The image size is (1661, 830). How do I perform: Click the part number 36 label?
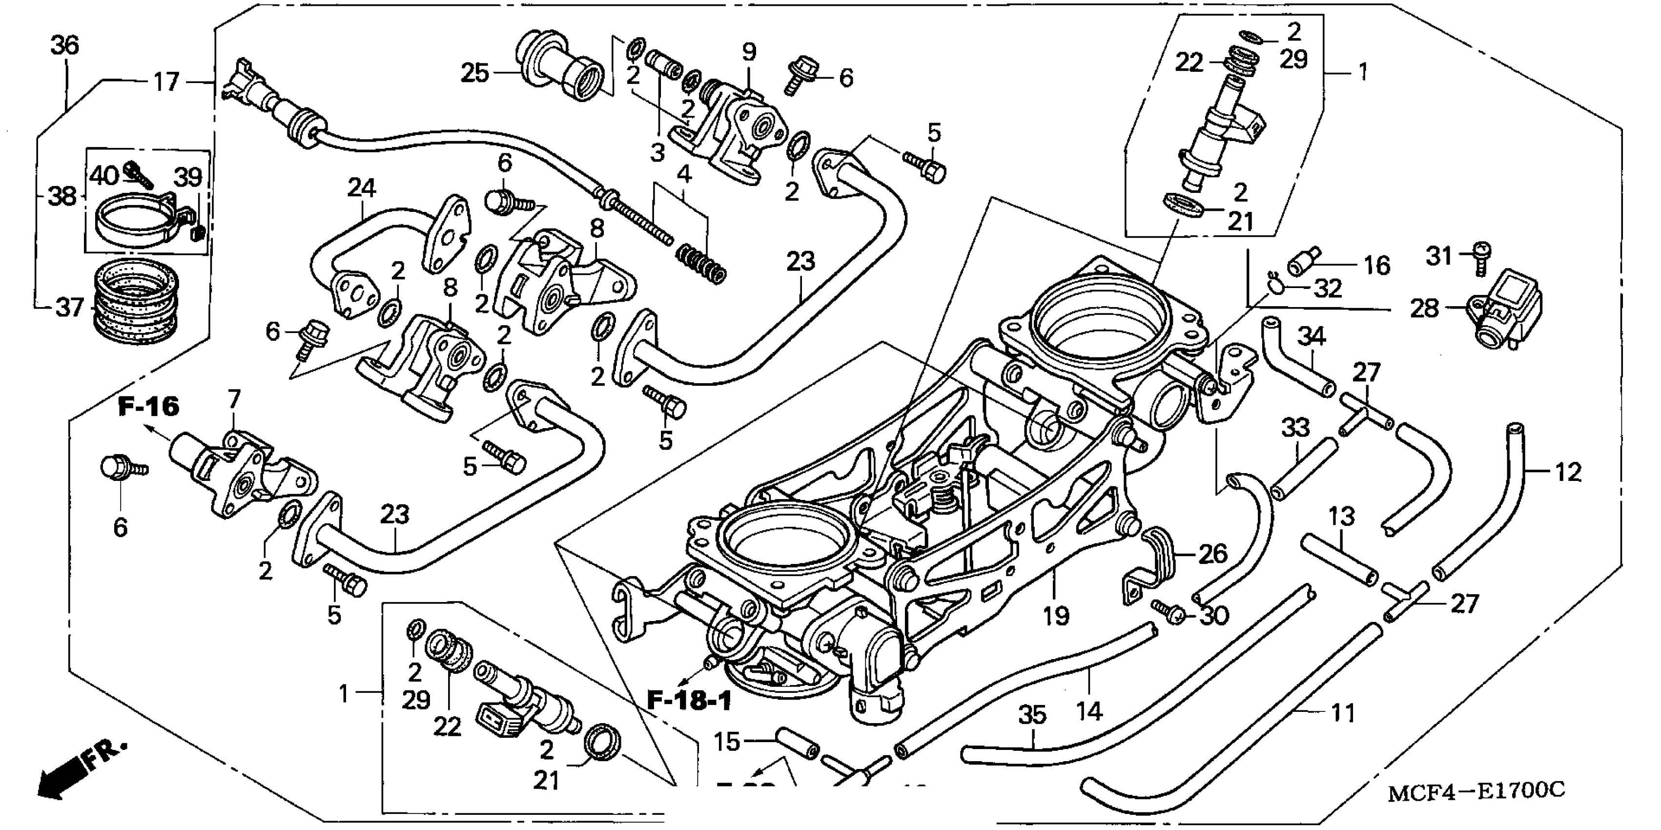click(x=64, y=46)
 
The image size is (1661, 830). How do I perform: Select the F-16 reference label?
click(x=148, y=407)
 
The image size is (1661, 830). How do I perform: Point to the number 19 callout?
click(x=1056, y=616)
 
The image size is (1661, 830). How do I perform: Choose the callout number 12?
click(x=1568, y=472)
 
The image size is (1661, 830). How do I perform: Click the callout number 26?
click(x=1212, y=553)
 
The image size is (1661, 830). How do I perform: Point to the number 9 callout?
click(x=749, y=52)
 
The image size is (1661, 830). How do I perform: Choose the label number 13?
click(x=1342, y=516)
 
